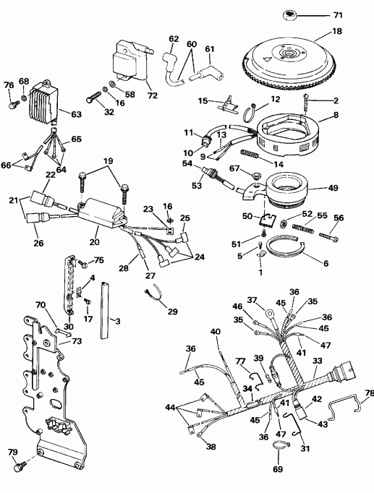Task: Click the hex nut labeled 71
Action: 289,15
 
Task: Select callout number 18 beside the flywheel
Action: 336,31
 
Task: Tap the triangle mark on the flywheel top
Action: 267,59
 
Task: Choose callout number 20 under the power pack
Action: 94,241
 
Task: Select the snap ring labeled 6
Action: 285,254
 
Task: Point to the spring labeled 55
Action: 303,228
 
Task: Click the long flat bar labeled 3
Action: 106,311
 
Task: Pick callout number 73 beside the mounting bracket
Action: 77,341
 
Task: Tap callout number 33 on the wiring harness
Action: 317,360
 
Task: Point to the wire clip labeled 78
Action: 345,406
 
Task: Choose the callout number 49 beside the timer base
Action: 333,188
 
